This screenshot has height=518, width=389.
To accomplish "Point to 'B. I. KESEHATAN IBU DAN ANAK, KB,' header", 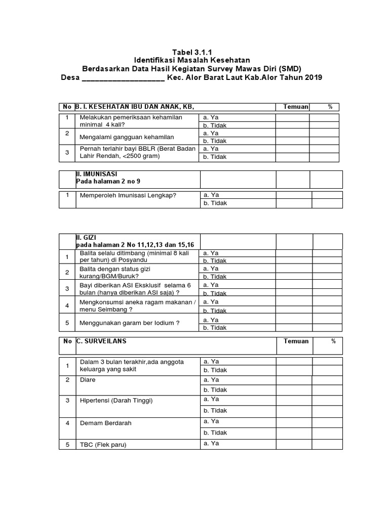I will pyautogui.click(x=135, y=107).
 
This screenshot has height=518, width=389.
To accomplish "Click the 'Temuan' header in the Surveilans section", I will pyautogui.click(x=296, y=341).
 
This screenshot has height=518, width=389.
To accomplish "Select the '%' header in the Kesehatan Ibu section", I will pyautogui.click(x=330, y=107).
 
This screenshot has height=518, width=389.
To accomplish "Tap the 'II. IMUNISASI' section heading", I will pyautogui.click(x=96, y=174).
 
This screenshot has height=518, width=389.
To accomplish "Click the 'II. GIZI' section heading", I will pyautogui.click(x=86, y=237).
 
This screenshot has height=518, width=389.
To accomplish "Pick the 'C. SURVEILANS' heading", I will pyautogui.click(x=101, y=341).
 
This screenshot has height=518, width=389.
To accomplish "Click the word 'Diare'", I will pyautogui.click(x=88, y=379).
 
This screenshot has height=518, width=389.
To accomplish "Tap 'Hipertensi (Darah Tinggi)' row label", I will pyautogui.click(x=116, y=401).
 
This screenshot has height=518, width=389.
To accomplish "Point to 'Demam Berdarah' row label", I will pyautogui.click(x=103, y=422).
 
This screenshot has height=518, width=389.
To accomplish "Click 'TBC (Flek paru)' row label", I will pyautogui.click(x=103, y=445).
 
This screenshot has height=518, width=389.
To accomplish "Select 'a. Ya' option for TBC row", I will pyautogui.click(x=211, y=444).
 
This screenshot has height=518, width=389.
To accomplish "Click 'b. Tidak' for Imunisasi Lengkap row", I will pyautogui.click(x=215, y=203).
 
